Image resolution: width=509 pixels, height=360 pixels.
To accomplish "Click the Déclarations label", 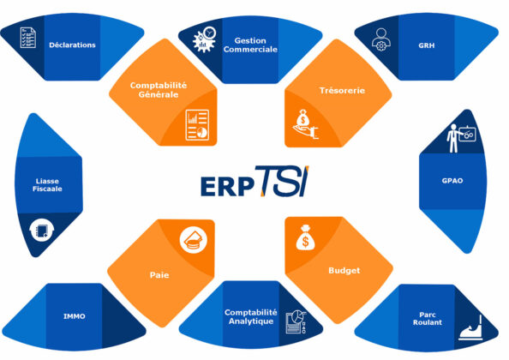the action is point(72,45).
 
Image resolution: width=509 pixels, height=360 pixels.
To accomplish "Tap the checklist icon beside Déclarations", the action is point(28,38).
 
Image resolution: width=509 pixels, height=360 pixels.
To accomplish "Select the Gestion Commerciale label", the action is point(250,45).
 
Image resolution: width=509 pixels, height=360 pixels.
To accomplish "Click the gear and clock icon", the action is point(205,39).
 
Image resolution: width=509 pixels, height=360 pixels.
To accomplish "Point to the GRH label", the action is point(426,45).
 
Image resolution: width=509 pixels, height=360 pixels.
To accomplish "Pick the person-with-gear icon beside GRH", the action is point(381,39).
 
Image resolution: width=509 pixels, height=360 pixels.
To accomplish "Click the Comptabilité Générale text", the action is point(159,90).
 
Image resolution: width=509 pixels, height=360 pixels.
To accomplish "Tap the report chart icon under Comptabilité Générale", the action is point(197,125).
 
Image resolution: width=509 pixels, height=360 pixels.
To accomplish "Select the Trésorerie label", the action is point(342,91).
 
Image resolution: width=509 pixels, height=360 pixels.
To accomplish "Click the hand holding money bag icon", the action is point(305,124).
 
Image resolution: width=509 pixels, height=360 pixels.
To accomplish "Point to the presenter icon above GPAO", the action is point(461,137).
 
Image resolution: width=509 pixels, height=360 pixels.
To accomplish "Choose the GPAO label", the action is point(452,181).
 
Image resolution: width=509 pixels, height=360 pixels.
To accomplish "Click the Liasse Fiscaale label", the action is point(47,185).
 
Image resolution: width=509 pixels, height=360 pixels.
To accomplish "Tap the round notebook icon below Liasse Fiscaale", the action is point(41,231).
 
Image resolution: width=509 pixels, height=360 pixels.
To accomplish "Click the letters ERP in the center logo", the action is point(227,187).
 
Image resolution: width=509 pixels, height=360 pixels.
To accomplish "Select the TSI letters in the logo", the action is point(283,181).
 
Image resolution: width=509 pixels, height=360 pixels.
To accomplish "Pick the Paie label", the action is point(159,275).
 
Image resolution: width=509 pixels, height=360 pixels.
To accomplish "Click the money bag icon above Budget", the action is point(305,238).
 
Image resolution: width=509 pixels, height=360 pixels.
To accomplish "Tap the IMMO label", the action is point(75,316).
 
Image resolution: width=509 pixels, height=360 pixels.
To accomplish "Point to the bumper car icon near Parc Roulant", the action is point(470,328).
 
